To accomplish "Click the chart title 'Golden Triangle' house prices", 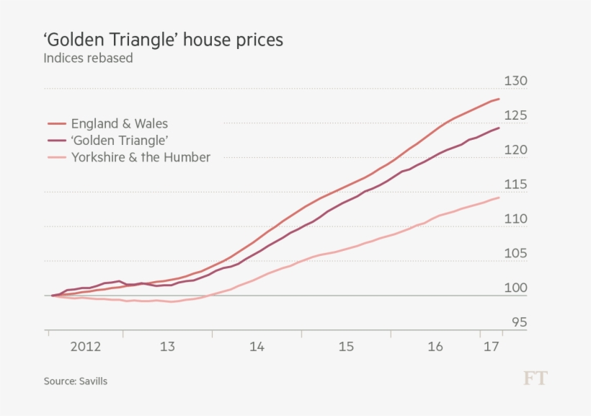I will pos(163,40).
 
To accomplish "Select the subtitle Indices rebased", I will pos(88,58).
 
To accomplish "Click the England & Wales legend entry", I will pos(119,124).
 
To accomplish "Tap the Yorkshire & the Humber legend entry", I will pos(141,157).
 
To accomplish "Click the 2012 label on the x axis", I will pos(86,347).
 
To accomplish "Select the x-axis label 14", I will pos(257,347).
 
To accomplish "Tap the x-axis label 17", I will pos(492,347).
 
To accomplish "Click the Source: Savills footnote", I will pos(75,381).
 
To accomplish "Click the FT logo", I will pos(535,379).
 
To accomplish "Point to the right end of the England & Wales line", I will pos(499,99).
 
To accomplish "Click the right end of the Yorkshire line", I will pos(499,198).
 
